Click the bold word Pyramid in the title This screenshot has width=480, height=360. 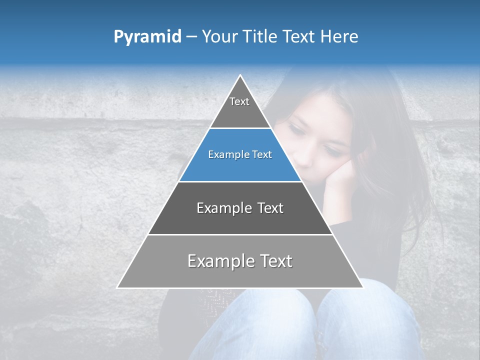(147, 37)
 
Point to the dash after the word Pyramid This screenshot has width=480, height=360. (191, 37)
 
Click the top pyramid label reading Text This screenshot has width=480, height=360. (239, 101)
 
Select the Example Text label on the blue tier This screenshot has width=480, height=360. (240, 155)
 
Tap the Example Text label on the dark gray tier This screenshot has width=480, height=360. (240, 208)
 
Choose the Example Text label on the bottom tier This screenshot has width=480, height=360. (240, 261)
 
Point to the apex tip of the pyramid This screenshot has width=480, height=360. (240, 75)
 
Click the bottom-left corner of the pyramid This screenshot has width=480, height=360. (117, 287)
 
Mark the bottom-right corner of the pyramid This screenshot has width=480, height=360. (362, 287)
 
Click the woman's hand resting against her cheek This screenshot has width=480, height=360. (337, 180)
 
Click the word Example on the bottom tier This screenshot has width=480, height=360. (218, 261)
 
